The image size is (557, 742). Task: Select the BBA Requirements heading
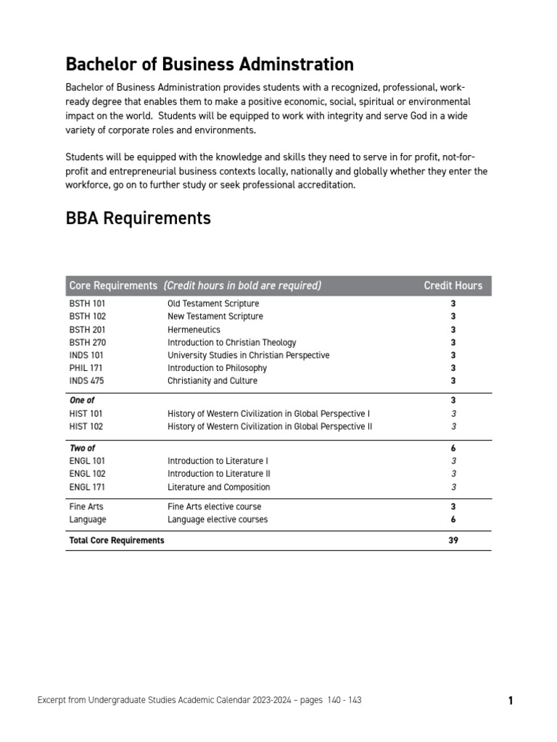pos(138,217)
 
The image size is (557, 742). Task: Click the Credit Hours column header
pos(453,285)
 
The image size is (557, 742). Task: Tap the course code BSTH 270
pos(87,343)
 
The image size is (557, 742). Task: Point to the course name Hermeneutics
pos(194,330)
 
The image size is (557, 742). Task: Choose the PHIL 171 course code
pos(86,368)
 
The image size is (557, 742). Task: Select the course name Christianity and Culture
pos(212,381)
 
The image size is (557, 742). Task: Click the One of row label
pos(81,400)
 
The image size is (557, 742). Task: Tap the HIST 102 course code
pos(86,427)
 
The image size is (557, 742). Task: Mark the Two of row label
pos(82,448)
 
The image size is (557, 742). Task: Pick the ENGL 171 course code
pos(87,487)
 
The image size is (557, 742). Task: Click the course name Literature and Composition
pos(218,487)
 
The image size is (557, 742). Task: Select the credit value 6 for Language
pos(453,520)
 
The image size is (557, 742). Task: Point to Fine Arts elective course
pos(214,507)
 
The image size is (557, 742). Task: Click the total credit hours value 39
pos(453,541)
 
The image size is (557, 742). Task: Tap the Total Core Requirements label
pos(116,541)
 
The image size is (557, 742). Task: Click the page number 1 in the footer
pos(511,701)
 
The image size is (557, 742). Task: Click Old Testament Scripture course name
pos(213,304)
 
